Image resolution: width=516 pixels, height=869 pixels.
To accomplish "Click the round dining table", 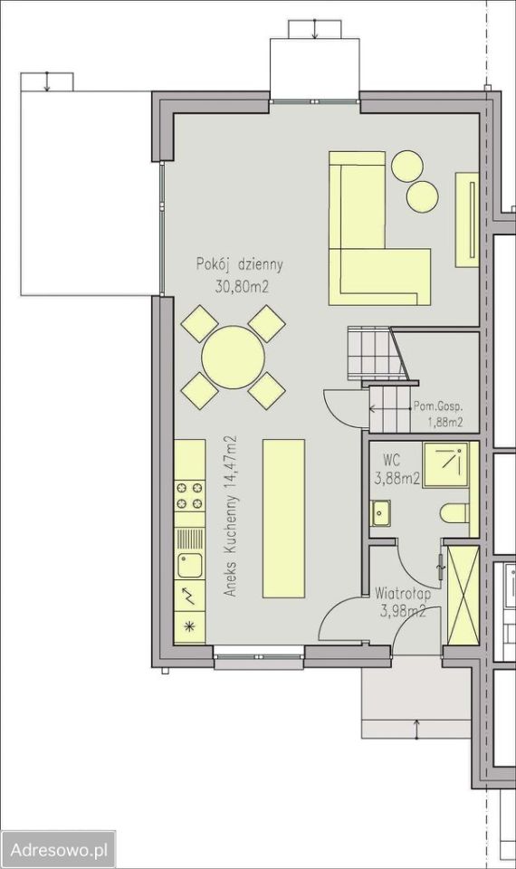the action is tap(233, 358).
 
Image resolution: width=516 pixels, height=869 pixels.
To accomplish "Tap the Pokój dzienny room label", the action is tap(239, 265).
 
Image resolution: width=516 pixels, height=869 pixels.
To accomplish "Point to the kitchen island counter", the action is tap(283, 518).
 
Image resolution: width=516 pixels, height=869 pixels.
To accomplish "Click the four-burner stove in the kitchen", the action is tap(189, 495).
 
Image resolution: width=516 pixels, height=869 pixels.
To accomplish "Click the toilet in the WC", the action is tap(455, 512).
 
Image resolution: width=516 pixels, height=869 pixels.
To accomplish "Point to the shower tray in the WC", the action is tap(446, 465).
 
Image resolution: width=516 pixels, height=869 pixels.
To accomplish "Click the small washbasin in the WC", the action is tap(381, 512).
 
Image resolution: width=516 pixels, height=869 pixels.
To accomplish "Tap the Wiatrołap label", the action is tap(402, 594).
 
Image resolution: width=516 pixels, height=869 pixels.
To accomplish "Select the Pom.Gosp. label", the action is tap(438, 406).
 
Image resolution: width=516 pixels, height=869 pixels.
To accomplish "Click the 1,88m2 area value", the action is tap(445, 424).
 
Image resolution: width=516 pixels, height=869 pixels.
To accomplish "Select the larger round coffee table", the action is tap(408, 166).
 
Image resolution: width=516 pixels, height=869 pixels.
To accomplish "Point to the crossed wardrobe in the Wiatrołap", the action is tap(463, 595).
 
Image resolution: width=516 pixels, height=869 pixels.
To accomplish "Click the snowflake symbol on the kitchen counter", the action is tap(189, 627).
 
